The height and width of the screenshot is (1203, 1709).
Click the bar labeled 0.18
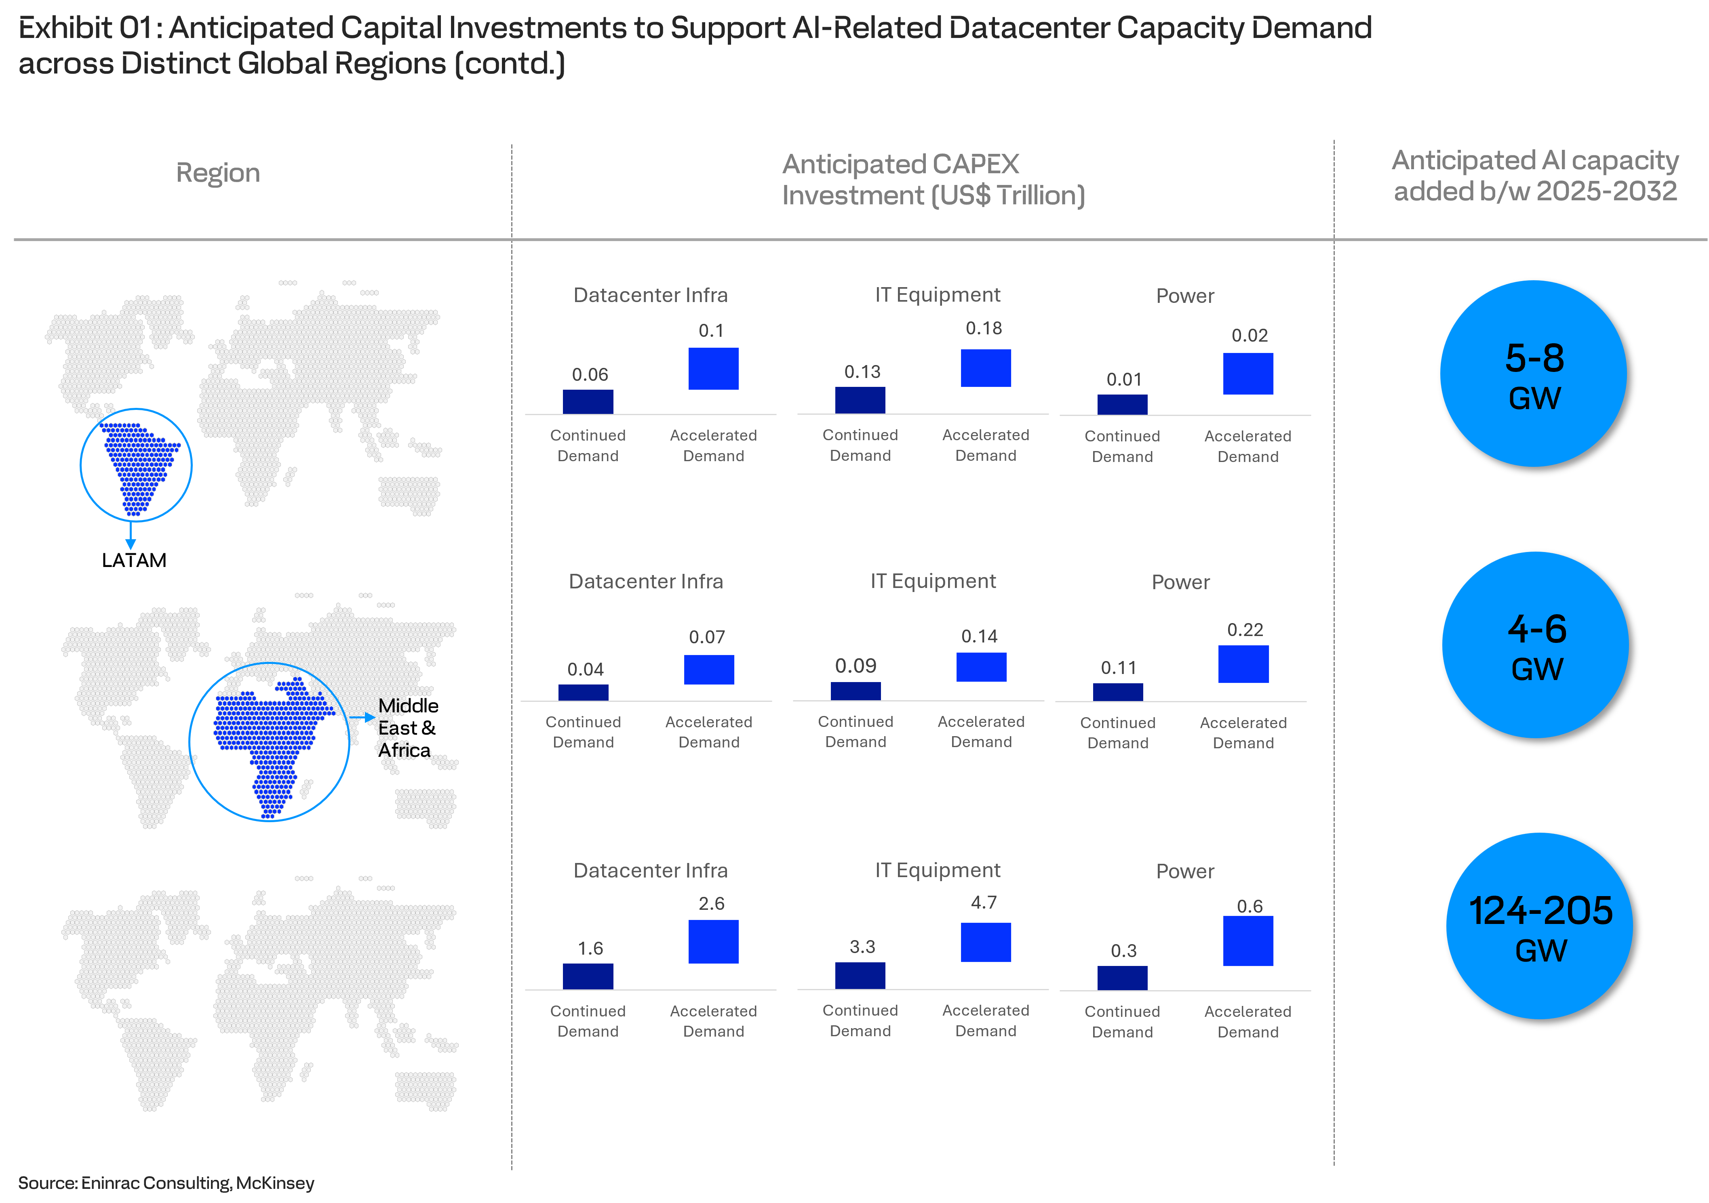[986, 368]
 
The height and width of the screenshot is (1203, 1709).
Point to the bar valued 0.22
[1243, 663]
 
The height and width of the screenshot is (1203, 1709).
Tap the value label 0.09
[855, 666]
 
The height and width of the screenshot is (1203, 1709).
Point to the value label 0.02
[1249, 336]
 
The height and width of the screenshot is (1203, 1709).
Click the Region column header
[218, 172]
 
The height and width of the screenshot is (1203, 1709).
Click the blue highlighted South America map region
[138, 465]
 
